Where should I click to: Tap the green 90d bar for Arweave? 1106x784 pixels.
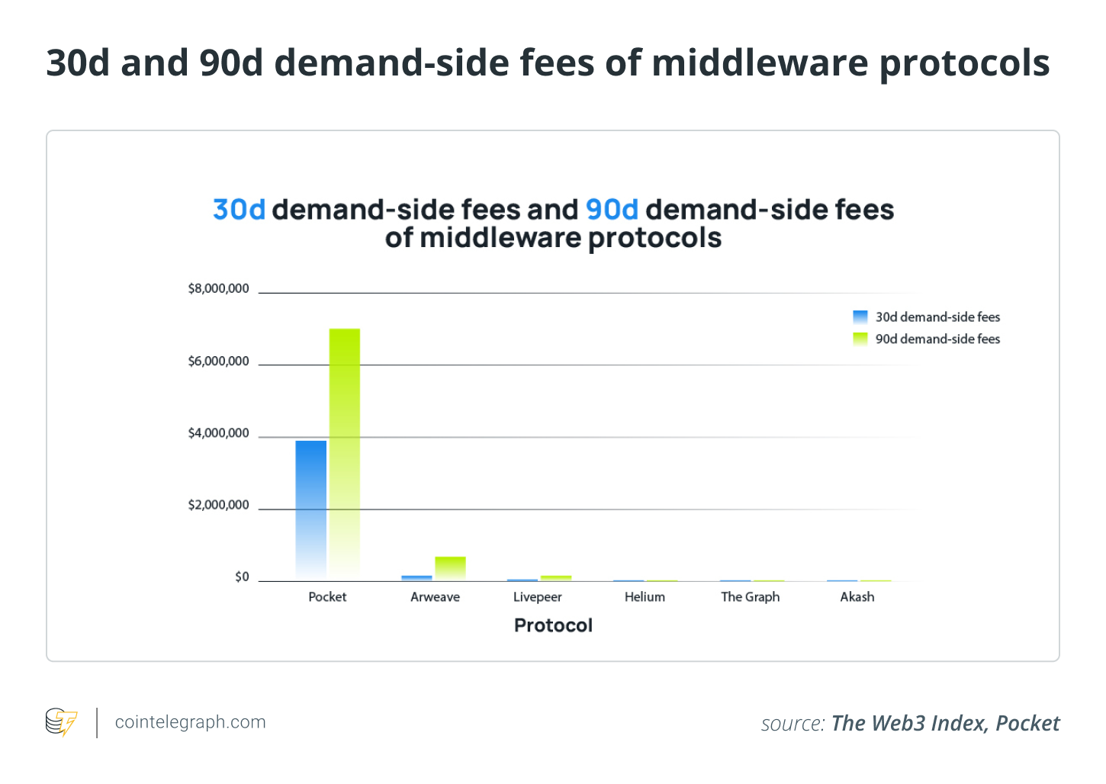(450, 568)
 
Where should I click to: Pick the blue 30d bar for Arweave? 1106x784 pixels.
(416, 578)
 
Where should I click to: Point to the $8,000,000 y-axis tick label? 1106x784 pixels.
(218, 289)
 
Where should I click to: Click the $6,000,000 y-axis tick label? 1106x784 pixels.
(218, 361)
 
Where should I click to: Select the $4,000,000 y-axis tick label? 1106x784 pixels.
(218, 433)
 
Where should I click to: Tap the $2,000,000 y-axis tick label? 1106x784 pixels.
(218, 506)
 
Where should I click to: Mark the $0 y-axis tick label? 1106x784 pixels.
(242, 577)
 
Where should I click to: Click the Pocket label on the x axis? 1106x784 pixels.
(327, 597)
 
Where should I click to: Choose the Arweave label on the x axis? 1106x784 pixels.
(435, 597)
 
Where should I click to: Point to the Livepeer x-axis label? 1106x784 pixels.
(537, 597)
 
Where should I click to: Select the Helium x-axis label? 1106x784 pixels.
(645, 597)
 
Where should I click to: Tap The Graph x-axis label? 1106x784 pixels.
(751, 597)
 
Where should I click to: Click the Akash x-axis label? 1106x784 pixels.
(857, 597)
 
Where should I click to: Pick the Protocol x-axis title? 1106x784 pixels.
(553, 625)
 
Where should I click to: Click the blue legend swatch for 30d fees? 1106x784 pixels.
(860, 317)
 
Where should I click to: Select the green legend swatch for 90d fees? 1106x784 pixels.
(860, 339)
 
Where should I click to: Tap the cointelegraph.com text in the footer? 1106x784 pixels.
(190, 722)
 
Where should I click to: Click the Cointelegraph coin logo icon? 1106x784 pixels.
(61, 722)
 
